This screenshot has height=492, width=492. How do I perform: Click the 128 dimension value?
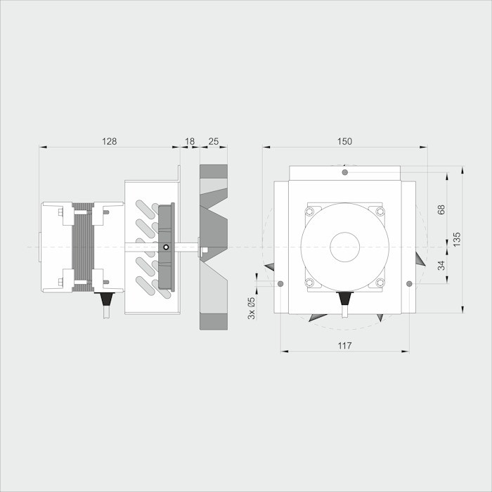point(109,141)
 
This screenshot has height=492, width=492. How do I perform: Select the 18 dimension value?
point(190,141)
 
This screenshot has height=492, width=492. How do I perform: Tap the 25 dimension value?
point(214,141)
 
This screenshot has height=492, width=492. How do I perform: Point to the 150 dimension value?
point(344,141)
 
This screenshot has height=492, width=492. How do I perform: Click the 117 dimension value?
point(344,346)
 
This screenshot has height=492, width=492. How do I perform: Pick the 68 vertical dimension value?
point(441,209)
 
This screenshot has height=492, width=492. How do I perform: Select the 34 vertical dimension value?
point(441,266)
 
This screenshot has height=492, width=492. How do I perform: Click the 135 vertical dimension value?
point(457,239)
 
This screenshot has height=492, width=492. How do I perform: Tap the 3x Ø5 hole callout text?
point(252,308)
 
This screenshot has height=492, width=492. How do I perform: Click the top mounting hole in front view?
point(345,172)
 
